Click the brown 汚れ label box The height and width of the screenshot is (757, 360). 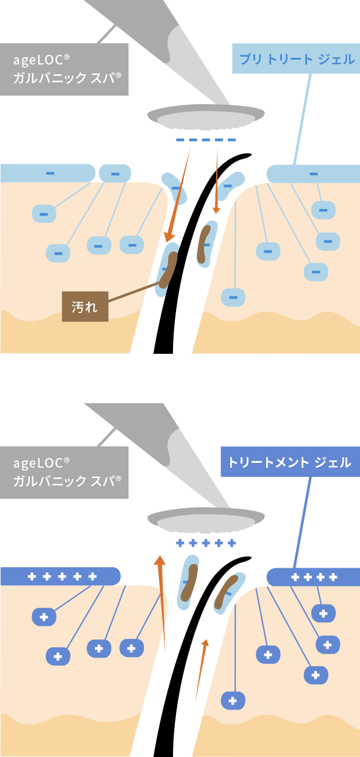click(85, 306)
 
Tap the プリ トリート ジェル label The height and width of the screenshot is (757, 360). click(296, 59)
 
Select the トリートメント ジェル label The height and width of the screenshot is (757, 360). click(289, 462)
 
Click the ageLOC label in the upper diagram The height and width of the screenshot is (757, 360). click(64, 69)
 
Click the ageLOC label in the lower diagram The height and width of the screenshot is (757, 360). click(64, 473)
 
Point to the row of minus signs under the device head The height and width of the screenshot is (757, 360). click(205, 140)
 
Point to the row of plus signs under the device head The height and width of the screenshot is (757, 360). click(205, 543)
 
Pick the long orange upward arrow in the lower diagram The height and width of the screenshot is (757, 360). click(161, 603)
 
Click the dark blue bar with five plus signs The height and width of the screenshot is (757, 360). click(61, 576)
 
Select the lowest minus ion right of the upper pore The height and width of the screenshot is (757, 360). click(232, 297)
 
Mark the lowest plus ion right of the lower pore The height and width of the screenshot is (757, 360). click(232, 700)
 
